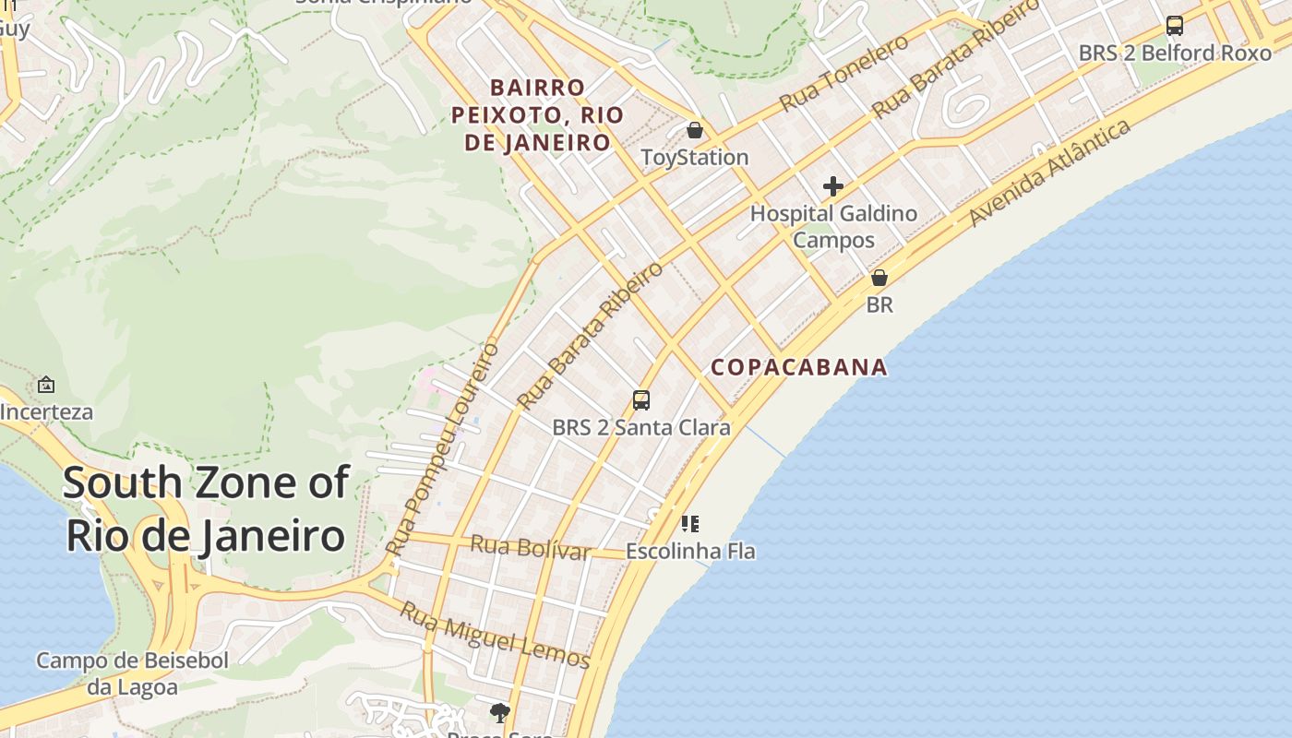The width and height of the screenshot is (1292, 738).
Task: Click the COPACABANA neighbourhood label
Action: tap(799, 367)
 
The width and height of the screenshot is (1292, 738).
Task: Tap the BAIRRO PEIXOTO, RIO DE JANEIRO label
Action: tap(537, 115)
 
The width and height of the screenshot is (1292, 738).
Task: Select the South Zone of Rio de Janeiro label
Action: tap(206, 508)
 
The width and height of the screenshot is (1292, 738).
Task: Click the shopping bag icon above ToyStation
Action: tap(695, 131)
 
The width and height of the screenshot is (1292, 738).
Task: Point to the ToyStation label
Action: tap(695, 157)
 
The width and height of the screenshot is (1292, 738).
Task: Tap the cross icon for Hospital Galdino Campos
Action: tap(833, 186)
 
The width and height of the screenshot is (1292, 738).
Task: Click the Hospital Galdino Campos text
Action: tap(833, 226)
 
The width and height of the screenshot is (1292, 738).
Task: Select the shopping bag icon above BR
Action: tap(879, 278)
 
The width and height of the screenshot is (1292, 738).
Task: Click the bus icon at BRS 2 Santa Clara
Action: tap(641, 400)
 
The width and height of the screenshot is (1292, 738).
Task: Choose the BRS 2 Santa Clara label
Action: tap(641, 427)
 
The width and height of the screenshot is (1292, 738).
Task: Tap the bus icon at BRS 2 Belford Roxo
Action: tap(1175, 26)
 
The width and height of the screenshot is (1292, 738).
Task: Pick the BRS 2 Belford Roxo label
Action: tap(1175, 53)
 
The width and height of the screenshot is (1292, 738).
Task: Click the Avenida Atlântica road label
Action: tap(1050, 173)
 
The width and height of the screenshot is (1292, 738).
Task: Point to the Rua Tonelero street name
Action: tap(843, 73)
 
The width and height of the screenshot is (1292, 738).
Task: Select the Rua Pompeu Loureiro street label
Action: tap(443, 450)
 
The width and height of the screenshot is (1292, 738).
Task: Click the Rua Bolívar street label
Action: tap(530, 547)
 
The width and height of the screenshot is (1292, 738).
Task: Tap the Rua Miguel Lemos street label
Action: tap(495, 635)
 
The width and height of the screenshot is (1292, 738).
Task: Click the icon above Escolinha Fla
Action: tap(690, 524)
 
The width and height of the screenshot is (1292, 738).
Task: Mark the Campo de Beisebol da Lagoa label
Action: tap(132, 674)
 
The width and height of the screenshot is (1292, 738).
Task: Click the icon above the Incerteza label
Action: tap(46, 385)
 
